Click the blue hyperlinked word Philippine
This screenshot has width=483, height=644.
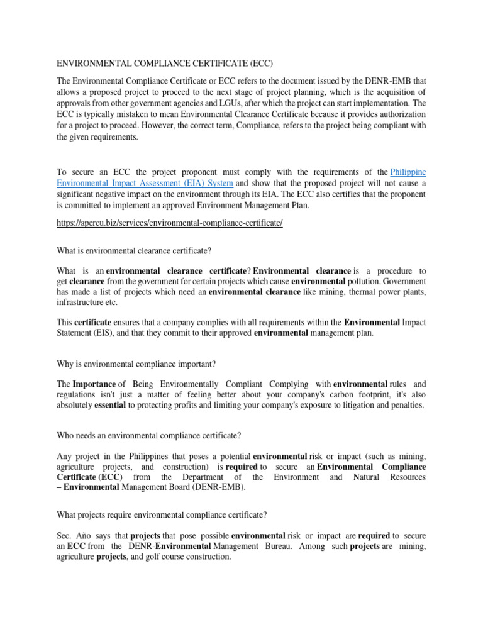pos(408,172)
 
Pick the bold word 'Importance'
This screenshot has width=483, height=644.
pos(94,384)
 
